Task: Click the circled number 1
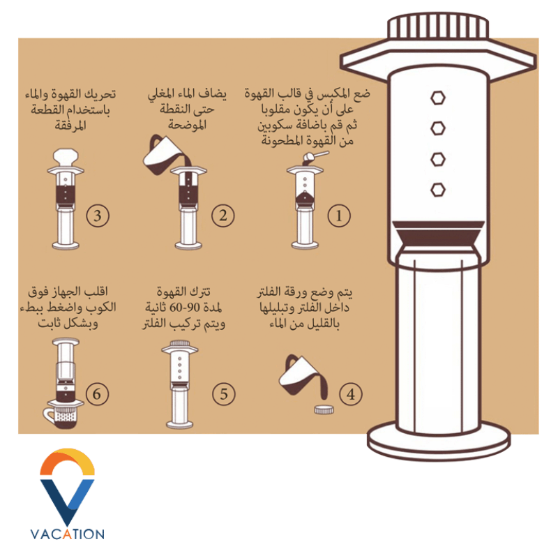[x=339, y=216]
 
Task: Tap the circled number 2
[x=223, y=216]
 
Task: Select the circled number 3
[x=98, y=216]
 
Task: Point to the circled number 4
[x=351, y=394]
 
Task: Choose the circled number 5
[x=224, y=394]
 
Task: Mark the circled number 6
[x=97, y=394]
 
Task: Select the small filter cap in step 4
[x=324, y=409]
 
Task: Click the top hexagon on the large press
[x=438, y=98]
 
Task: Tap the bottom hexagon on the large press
[x=438, y=190]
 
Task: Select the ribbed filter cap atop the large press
[x=438, y=27]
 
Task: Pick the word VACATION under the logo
[x=68, y=534]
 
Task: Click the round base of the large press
[x=439, y=442]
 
